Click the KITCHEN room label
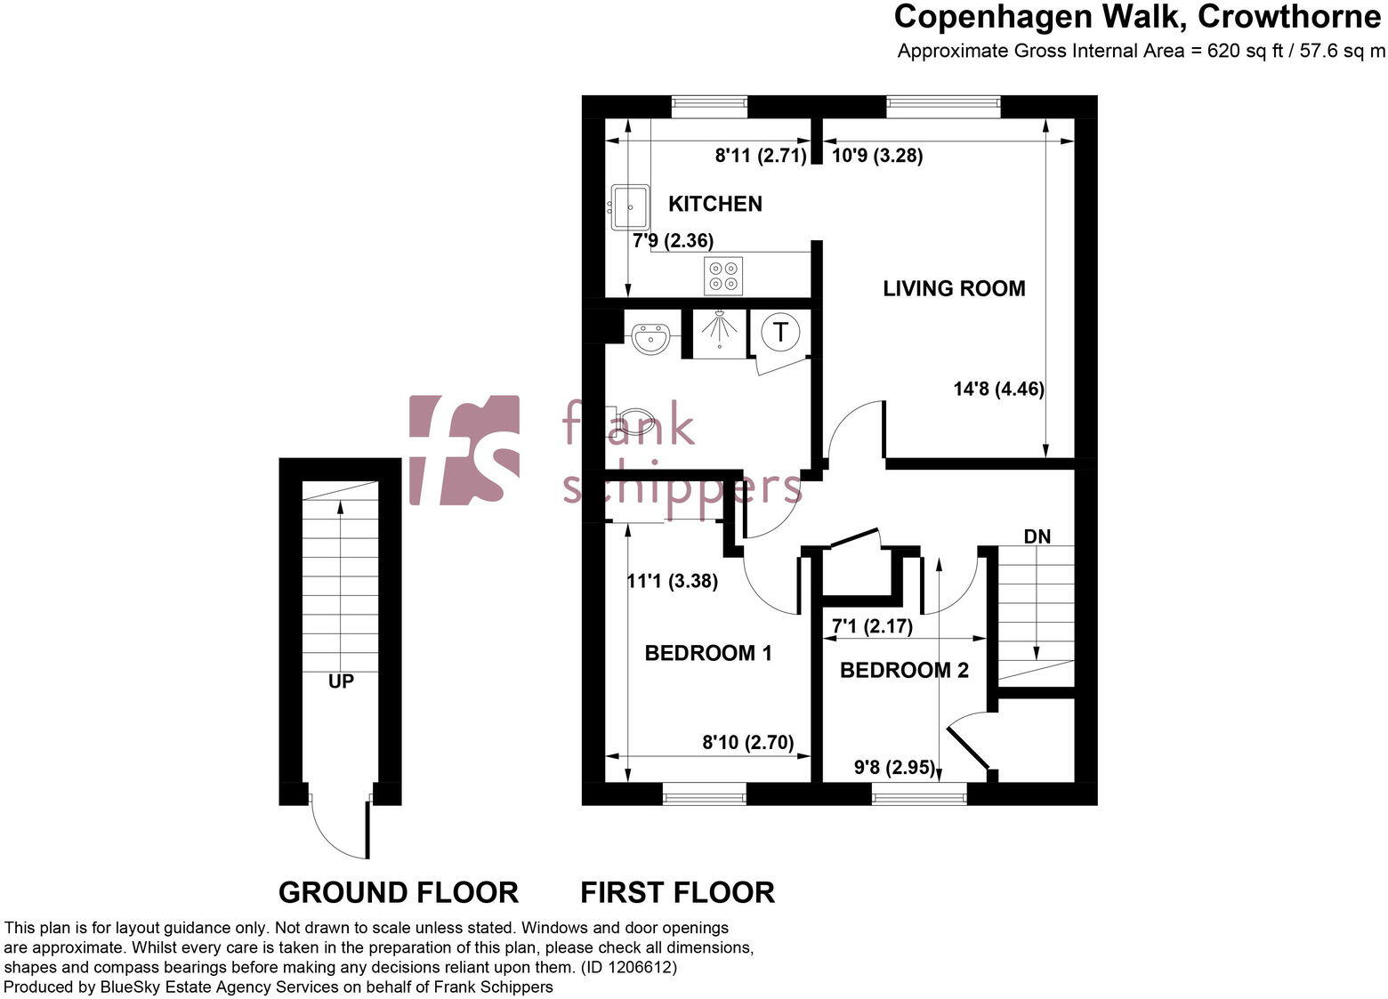click(714, 204)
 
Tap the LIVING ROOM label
click(954, 288)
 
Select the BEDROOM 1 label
click(707, 653)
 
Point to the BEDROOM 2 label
click(904, 670)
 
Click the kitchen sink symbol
click(629, 207)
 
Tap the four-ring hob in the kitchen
click(722, 275)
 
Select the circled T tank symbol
click(780, 332)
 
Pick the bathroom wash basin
click(650, 338)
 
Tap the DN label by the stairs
click(1037, 536)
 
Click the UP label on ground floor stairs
click(341, 681)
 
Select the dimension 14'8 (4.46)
click(997, 389)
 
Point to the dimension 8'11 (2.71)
click(760, 156)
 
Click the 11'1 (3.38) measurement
click(672, 582)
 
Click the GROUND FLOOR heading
click(398, 891)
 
